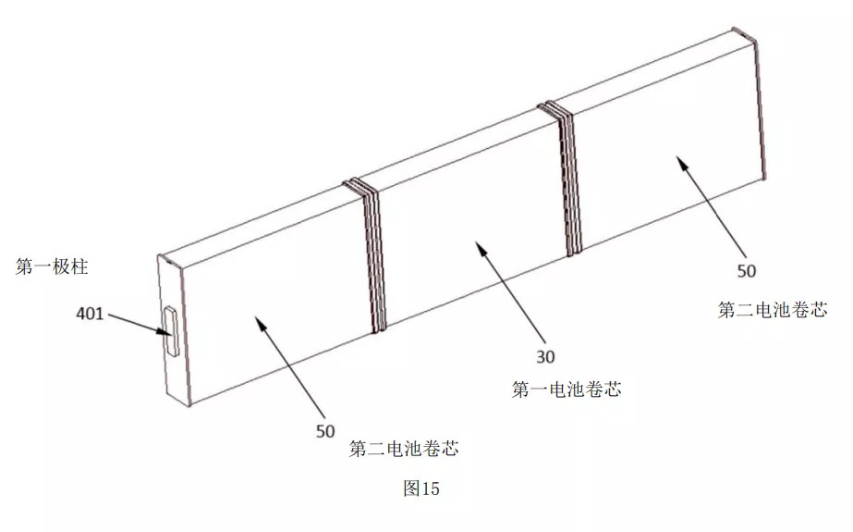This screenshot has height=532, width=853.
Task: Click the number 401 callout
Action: [90, 314]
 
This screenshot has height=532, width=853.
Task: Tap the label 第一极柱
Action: [52, 266]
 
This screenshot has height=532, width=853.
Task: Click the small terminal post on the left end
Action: [172, 331]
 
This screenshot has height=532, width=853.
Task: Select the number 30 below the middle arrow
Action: [545, 357]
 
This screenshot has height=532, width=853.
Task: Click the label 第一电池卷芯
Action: [567, 390]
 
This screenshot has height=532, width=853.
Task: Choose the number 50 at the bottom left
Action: [325, 431]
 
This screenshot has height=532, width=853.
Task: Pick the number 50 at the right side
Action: [747, 271]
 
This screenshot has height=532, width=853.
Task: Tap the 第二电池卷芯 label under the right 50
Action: [773, 310]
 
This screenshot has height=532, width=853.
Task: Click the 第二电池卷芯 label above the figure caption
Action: [404, 449]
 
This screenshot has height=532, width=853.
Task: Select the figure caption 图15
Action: [421, 489]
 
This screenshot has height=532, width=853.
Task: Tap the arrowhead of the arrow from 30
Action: [480, 247]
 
